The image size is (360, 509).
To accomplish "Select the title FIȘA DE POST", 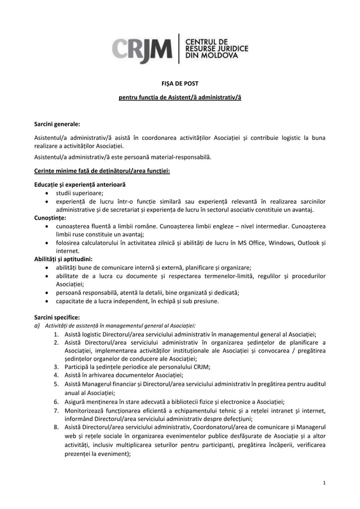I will pos(179,84).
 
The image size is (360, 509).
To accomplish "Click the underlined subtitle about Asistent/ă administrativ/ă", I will pos(179,98).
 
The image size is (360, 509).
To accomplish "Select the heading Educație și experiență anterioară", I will pos(80,185).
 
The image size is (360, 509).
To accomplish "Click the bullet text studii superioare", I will pos(79,193).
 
